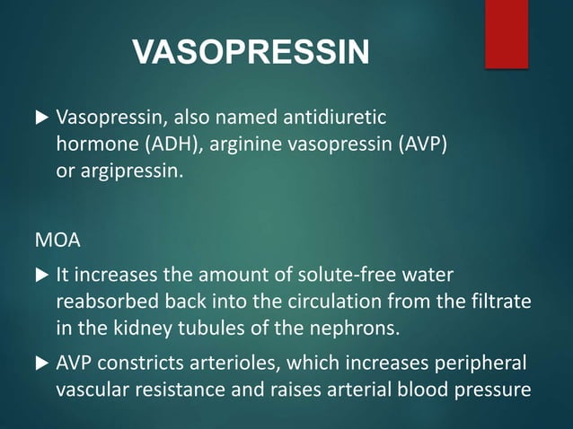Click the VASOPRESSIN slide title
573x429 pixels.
click(x=251, y=52)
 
